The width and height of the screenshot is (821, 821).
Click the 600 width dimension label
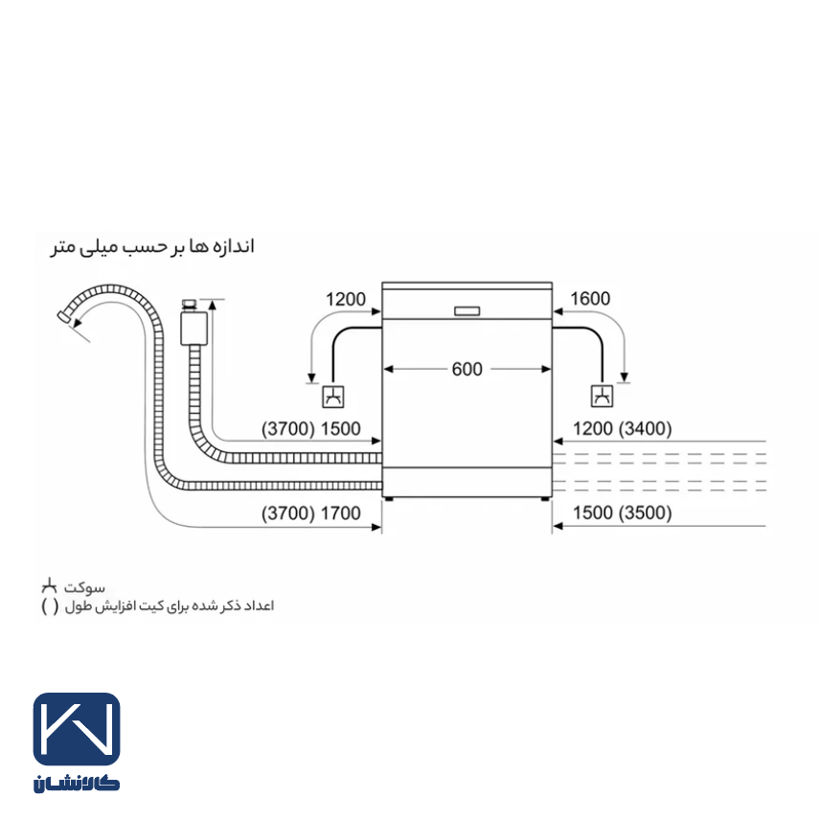coord(467,369)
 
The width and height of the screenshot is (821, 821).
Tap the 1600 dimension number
coord(590,299)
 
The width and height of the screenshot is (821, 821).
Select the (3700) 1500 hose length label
coord(311,429)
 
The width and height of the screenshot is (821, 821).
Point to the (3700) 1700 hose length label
coord(311,513)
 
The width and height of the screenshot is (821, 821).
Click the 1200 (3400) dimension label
coord(622,429)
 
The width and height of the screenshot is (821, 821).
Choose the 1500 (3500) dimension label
coord(622,513)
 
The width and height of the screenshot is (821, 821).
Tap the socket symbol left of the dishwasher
coord(333,397)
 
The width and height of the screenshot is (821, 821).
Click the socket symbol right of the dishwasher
coord(603,397)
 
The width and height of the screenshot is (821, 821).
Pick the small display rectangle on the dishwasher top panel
coord(468,311)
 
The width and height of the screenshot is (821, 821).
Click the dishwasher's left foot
coord(389,499)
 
